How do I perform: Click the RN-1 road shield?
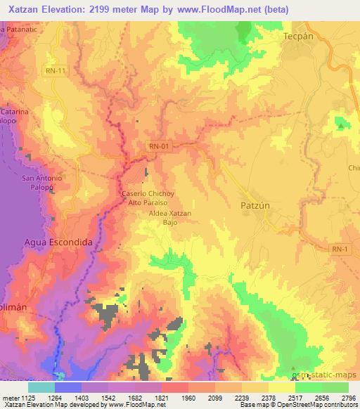click(340, 249)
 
